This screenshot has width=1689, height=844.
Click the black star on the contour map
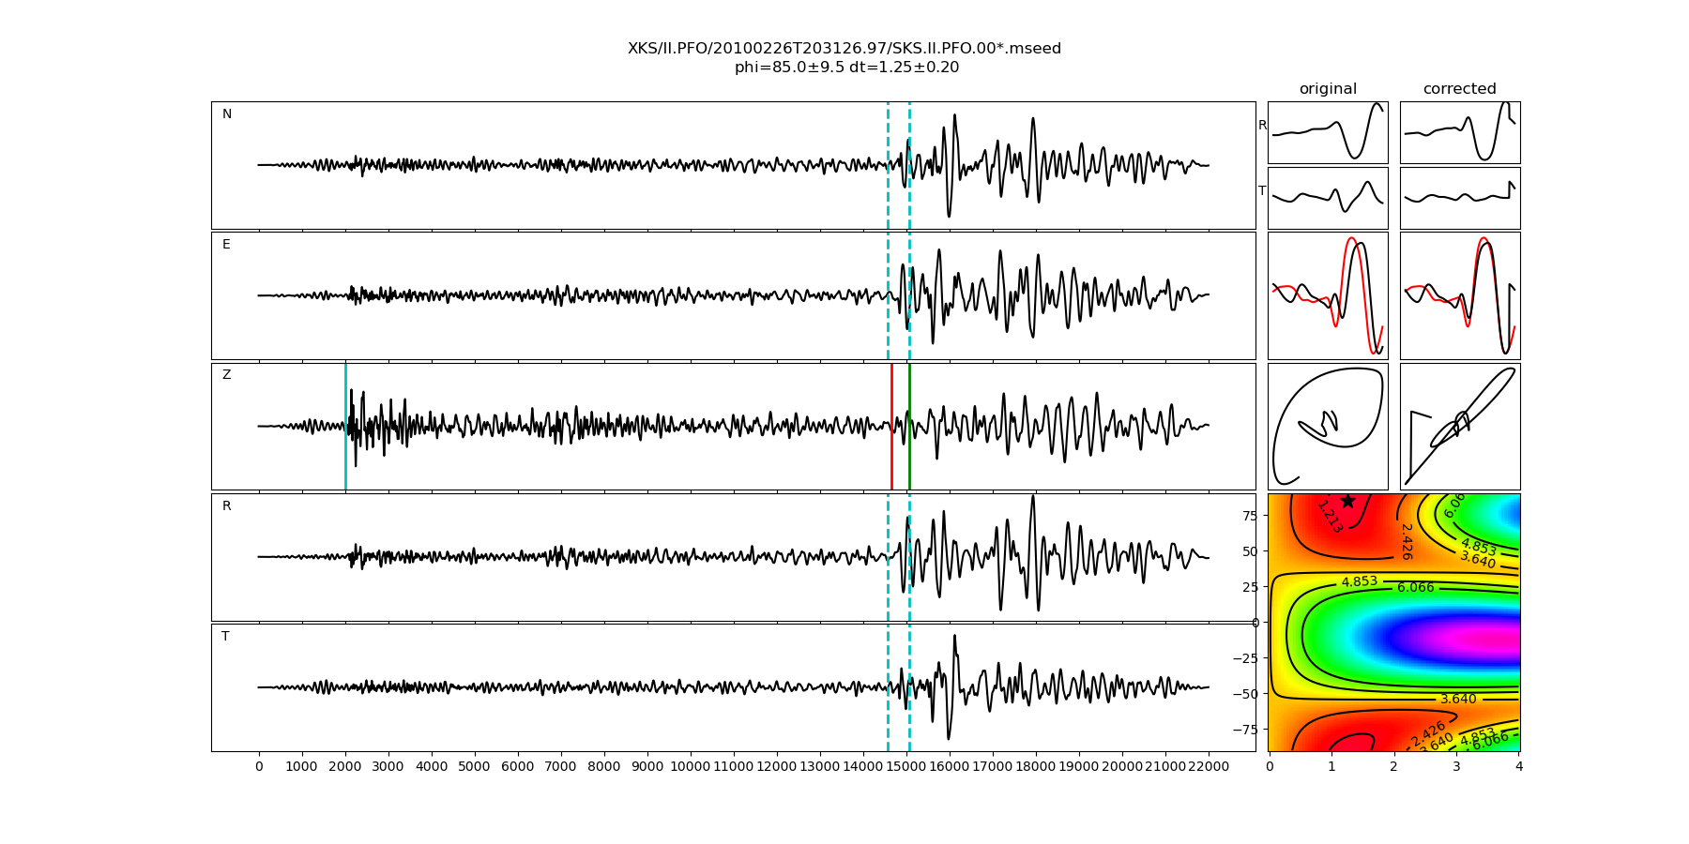pyautogui.click(x=1347, y=501)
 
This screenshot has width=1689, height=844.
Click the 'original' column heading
pyautogui.click(x=1328, y=89)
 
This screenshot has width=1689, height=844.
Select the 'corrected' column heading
pyautogui.click(x=1459, y=89)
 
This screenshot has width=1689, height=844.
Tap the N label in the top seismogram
pyautogui.click(x=226, y=114)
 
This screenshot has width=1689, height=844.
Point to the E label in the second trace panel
pyautogui.click(x=226, y=245)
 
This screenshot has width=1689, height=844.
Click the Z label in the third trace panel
pyautogui.click(x=226, y=375)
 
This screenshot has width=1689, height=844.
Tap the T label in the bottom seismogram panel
pyautogui.click(x=225, y=637)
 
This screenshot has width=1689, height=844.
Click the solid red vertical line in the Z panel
pyautogui.click(x=891, y=427)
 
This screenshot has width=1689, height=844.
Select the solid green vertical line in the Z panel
pyautogui.click(x=909, y=427)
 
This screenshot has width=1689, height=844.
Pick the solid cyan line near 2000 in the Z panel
pyautogui.click(x=345, y=427)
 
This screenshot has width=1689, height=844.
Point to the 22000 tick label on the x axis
pyautogui.click(x=1208, y=767)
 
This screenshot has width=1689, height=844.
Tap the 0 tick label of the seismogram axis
pyautogui.click(x=259, y=767)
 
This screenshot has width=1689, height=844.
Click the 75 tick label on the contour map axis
pyautogui.click(x=1249, y=515)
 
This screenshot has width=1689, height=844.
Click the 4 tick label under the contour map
pyautogui.click(x=1518, y=767)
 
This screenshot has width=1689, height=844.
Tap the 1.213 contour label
pyautogui.click(x=1330, y=517)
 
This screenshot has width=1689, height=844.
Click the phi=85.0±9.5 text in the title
pyautogui.click(x=791, y=68)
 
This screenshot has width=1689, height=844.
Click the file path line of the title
pyautogui.click(x=844, y=49)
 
